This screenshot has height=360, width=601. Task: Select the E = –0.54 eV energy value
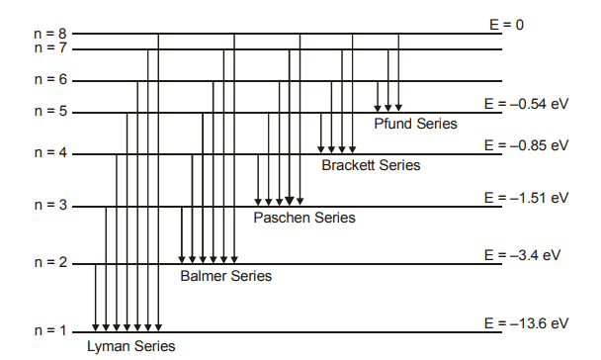(526, 101)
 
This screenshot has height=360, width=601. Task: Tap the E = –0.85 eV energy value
(526, 144)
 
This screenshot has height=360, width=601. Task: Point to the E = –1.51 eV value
(526, 197)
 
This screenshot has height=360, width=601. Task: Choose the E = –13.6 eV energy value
(526, 322)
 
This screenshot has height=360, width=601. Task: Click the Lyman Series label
(130, 346)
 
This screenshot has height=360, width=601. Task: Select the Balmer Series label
(225, 276)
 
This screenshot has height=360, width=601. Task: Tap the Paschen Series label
(304, 218)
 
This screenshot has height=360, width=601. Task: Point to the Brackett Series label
(371, 165)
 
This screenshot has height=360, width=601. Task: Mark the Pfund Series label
(415, 124)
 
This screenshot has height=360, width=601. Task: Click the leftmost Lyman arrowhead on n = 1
(96, 327)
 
